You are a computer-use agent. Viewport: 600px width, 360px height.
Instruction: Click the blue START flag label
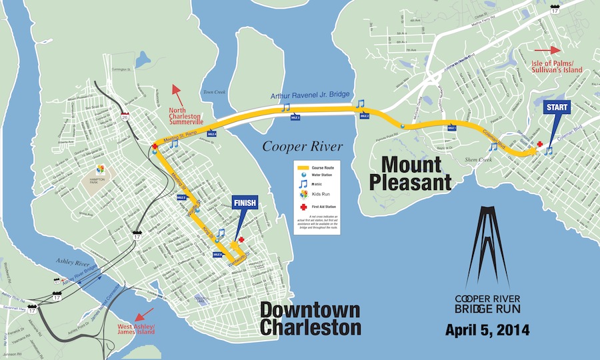557,107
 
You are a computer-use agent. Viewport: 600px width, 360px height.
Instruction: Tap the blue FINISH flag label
244,204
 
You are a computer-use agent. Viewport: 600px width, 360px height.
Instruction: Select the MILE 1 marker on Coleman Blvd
451,128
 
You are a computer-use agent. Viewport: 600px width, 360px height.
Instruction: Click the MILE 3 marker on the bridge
295,117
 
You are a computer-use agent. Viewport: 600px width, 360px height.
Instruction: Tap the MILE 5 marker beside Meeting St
181,197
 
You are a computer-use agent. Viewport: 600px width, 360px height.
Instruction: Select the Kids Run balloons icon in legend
304,193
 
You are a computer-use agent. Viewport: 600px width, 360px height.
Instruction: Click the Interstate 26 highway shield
127,117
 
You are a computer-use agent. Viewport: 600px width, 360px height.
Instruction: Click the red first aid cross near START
539,144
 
